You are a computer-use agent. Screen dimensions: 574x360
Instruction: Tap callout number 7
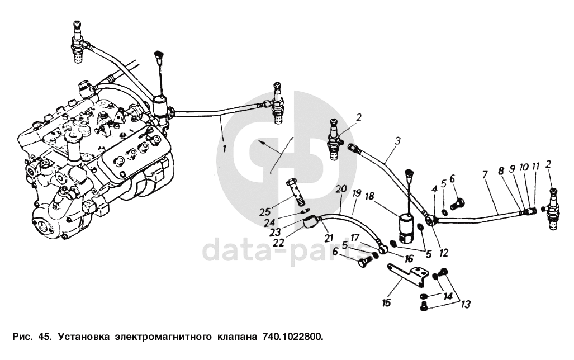coord(484,175)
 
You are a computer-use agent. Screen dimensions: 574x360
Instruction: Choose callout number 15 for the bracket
coord(386,302)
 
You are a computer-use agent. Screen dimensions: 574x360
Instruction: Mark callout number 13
coord(466,304)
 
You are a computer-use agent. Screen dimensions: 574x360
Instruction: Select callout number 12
coord(443,253)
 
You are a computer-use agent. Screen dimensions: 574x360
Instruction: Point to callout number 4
coord(433,190)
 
